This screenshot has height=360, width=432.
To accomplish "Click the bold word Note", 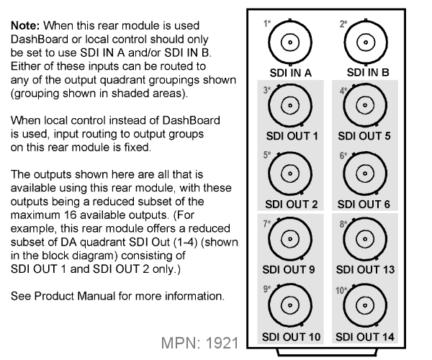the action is [x=25, y=26].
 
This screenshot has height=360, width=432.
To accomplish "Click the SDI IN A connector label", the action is [x=290, y=73].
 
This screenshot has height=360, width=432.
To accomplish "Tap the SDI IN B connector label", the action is [x=368, y=73].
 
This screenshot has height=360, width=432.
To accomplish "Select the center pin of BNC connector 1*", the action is [x=290, y=42].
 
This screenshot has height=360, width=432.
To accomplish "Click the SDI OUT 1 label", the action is [x=292, y=136].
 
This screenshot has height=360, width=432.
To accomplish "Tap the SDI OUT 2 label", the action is [x=291, y=204].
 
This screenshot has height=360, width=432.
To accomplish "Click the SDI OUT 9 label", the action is [x=289, y=270].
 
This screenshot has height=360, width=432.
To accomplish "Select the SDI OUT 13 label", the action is [x=365, y=270].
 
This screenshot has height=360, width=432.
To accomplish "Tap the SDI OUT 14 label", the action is [x=365, y=337].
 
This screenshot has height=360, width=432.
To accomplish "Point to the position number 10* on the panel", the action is [x=341, y=290].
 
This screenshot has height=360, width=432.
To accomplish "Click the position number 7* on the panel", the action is [x=267, y=223].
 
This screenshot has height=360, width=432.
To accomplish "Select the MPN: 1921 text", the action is [x=199, y=343].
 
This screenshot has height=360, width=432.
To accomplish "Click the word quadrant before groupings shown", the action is [x=122, y=81].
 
